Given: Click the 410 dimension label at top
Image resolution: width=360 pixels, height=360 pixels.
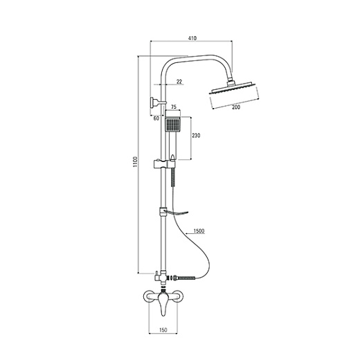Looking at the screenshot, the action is pos(192,38).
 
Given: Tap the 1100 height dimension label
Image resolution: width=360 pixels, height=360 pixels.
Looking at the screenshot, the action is pos(135,162).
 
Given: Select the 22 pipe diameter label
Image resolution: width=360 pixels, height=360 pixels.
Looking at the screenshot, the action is pos(179,82).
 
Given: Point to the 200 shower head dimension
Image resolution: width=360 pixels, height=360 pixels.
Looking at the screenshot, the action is pos(236,107).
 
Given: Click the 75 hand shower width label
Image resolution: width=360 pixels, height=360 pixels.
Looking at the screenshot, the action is pos(174,107).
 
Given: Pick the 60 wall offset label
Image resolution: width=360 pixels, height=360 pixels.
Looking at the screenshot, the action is pos(156,118).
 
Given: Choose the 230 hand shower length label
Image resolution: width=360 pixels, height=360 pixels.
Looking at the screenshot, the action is pos(196,136).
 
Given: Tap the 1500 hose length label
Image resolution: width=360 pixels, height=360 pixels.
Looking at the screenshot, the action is pos(199,231).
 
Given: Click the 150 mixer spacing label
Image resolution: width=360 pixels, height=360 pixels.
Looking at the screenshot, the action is pos(163,330).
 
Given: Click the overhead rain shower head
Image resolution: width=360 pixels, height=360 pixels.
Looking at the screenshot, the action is pos(233,89).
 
